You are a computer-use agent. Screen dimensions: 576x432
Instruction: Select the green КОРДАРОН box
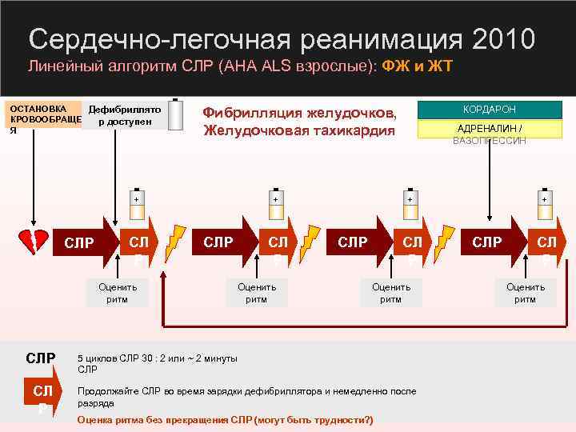tap(490, 110)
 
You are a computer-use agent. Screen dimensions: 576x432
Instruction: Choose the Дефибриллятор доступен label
tap(125, 115)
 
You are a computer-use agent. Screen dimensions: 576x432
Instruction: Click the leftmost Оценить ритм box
tap(118, 293)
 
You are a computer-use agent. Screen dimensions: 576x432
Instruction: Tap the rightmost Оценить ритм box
tap(525, 293)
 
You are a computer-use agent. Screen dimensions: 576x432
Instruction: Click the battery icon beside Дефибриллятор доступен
tap(175, 114)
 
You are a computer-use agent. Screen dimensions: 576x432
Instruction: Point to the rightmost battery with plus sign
tap(544, 203)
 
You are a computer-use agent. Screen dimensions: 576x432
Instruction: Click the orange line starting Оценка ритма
tap(225, 420)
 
